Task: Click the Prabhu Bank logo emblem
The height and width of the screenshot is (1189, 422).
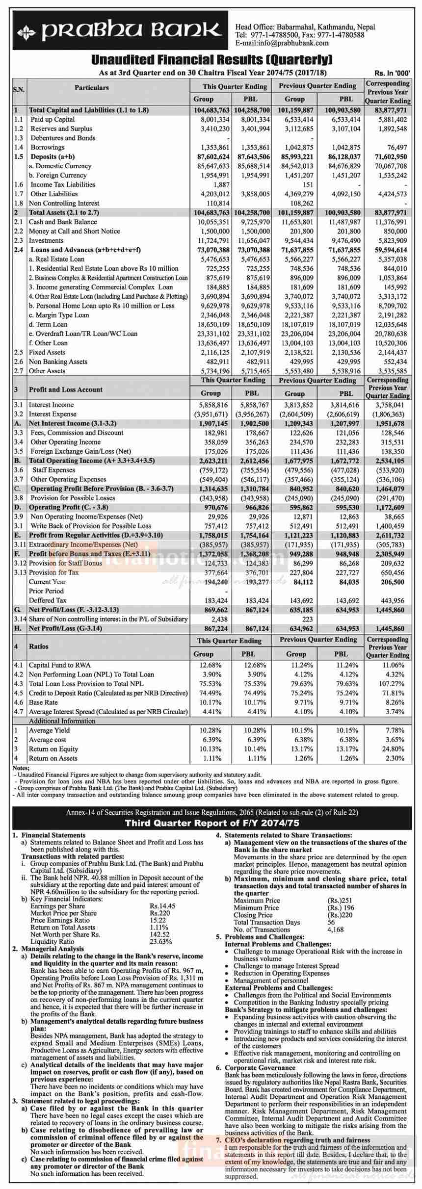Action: tap(26, 33)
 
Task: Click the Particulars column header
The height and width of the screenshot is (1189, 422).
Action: tap(92, 88)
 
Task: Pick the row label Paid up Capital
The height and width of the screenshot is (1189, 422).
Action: tap(53, 120)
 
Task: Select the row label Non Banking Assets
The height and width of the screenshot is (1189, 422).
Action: tap(58, 362)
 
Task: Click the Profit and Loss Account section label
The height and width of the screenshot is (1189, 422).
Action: tap(66, 389)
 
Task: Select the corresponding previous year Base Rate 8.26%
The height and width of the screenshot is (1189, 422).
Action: tap(394, 702)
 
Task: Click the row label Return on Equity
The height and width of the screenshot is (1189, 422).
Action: tap(53, 749)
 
